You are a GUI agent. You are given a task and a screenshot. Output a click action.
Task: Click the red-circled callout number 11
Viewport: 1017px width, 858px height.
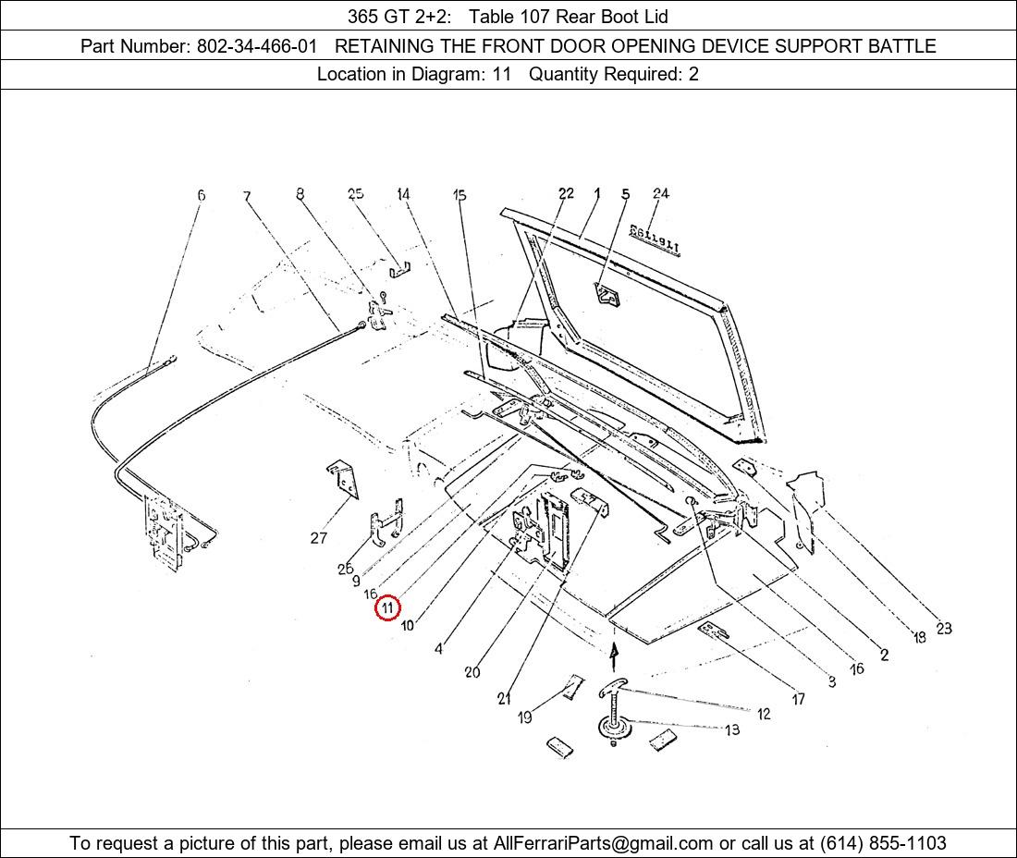pos(387,607)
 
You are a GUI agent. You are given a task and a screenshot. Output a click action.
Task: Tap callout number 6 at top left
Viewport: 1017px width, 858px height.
pos(201,195)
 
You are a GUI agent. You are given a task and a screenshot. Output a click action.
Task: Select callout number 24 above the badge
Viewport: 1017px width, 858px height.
pos(661,193)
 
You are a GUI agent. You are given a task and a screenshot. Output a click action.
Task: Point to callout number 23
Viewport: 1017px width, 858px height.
pos(944,628)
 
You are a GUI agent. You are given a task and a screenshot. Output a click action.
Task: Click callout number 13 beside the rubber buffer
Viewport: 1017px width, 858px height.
pos(732,730)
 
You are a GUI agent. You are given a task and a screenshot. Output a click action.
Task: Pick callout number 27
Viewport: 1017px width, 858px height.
pos(318,537)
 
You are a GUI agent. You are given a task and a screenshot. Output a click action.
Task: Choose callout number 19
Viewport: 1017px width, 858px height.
pos(525,717)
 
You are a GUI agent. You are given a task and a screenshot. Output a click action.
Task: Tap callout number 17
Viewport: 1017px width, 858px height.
pos(799,699)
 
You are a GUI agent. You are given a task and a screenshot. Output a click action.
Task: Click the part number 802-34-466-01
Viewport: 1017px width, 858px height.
pos(257,46)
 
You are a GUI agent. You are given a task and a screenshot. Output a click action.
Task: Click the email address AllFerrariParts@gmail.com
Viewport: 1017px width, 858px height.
pos(603,843)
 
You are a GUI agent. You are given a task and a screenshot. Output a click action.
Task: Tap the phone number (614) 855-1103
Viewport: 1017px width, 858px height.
pos(883,843)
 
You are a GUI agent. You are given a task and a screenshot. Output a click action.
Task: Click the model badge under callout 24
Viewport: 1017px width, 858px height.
pos(656,239)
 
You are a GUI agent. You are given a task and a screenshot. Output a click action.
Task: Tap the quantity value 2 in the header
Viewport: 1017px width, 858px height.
pos(693,74)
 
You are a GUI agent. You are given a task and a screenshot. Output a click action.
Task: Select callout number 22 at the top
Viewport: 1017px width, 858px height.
pos(566,193)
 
